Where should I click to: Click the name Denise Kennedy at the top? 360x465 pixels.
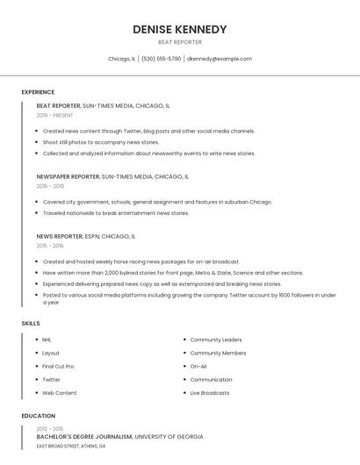[x=179, y=29]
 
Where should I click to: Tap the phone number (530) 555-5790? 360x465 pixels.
[x=161, y=59]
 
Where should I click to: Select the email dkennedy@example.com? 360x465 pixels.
[x=220, y=59]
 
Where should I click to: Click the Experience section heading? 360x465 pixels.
[x=38, y=92]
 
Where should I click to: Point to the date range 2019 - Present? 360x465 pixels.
[x=54, y=115]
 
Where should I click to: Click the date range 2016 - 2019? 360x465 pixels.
[x=50, y=186]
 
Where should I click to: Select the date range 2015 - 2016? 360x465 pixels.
[x=50, y=246]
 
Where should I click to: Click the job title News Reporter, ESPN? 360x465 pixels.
[x=85, y=236]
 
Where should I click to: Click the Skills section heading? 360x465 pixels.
[x=31, y=324]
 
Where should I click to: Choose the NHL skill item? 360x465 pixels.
[x=47, y=340]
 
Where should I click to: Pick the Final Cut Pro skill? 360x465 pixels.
[x=58, y=366]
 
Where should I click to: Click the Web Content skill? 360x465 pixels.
[x=60, y=393]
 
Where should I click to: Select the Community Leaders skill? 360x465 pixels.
[x=216, y=340]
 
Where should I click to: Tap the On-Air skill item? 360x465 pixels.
[x=198, y=366]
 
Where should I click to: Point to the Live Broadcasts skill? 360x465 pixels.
[x=210, y=393]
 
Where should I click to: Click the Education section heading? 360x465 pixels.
[x=38, y=416]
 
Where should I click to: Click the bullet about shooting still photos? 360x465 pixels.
[x=101, y=142]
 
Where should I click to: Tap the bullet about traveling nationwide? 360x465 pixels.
[x=116, y=213]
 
